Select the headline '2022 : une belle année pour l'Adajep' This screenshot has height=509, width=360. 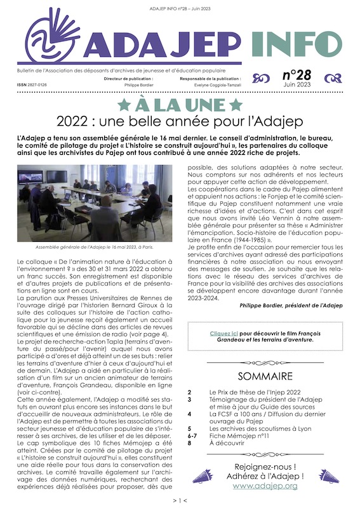pos(180,120)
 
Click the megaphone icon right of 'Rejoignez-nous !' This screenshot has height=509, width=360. pos(328,477)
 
